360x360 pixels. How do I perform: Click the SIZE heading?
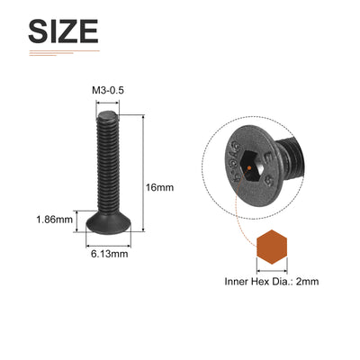click(63, 31)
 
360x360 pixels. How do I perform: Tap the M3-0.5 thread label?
click(108, 90)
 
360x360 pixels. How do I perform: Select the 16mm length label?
click(159, 187)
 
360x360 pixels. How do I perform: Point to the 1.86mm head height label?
click(55, 220)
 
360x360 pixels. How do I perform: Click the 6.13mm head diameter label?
click(110, 254)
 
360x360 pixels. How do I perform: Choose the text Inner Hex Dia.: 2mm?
click(272, 282)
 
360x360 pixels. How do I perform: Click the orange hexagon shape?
click(272, 247)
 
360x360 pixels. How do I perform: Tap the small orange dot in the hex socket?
click(249, 167)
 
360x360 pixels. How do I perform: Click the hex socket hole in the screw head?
click(254, 166)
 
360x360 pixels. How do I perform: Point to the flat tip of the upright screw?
click(108, 114)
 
